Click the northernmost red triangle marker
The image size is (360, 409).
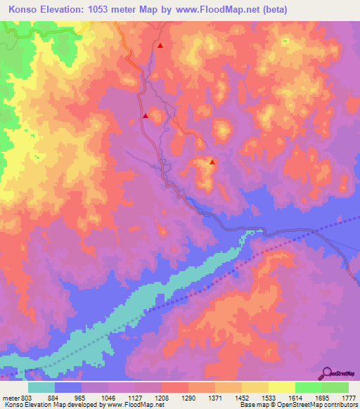[161, 46]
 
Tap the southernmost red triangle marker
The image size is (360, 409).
[212, 162]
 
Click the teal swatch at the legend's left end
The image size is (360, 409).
[41, 387]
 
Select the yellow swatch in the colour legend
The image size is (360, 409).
[282, 387]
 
